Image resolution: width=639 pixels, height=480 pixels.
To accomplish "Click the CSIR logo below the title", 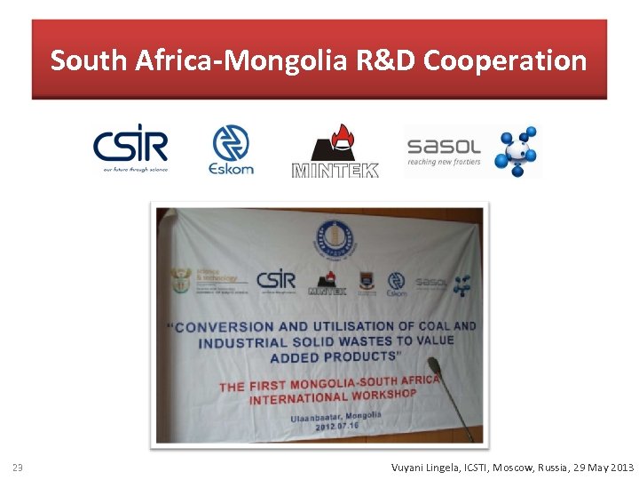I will pyautogui.click(x=130, y=148).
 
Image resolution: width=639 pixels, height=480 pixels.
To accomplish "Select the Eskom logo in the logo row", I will pyautogui.click(x=231, y=149).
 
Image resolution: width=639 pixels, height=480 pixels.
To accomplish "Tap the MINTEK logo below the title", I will pyautogui.click(x=335, y=150).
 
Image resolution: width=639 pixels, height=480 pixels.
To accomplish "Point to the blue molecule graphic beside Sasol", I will pyautogui.click(x=517, y=150).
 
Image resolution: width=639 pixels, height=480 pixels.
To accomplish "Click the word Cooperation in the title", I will pyautogui.click(x=504, y=60).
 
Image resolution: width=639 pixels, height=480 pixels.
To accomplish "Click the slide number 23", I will pyautogui.click(x=17, y=468).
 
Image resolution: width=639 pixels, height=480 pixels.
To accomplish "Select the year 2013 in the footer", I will pyautogui.click(x=621, y=468).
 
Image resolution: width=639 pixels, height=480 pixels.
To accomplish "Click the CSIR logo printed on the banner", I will pyautogui.click(x=276, y=281).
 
